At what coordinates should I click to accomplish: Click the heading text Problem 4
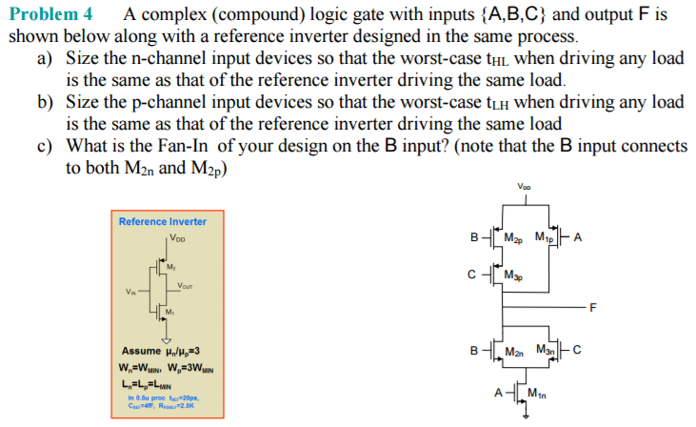point(50,14)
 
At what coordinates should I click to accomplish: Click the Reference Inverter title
point(162,221)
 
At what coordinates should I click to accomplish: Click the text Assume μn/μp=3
point(160,351)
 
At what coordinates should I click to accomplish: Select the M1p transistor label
point(546,237)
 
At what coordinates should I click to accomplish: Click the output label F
point(592,307)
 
